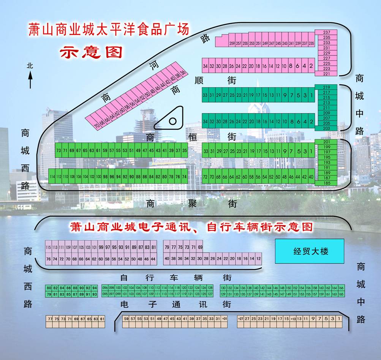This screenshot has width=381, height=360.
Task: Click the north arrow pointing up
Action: pyautogui.click(x=30, y=80)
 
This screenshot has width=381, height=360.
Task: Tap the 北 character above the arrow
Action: pyautogui.click(x=30, y=66)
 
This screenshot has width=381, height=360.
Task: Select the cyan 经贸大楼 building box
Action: pyautogui.click(x=309, y=251)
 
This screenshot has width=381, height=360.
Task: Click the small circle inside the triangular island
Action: pyautogui.click(x=172, y=122)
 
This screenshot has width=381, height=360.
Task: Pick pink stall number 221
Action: pyautogui.click(x=326, y=74)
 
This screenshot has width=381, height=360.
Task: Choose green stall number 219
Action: pyautogui.click(x=326, y=87)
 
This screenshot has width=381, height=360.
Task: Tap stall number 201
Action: pyautogui.click(x=326, y=142)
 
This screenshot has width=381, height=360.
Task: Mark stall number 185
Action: pyautogui.click(x=326, y=183)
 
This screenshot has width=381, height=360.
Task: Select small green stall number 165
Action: pyautogui.click(x=341, y=294)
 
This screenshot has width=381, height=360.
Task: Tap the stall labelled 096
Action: pyautogui.click(x=105, y=288)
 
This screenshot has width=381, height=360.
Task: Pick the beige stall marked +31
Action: pyautogui.click(x=224, y=319)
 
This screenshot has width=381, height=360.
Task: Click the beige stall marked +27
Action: pyautogui.click(x=240, y=319)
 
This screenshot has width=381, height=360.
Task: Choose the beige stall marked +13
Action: pyautogui.click(x=293, y=319)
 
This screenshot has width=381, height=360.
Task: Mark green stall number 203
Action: pyautogui.click(x=326, y=128)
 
